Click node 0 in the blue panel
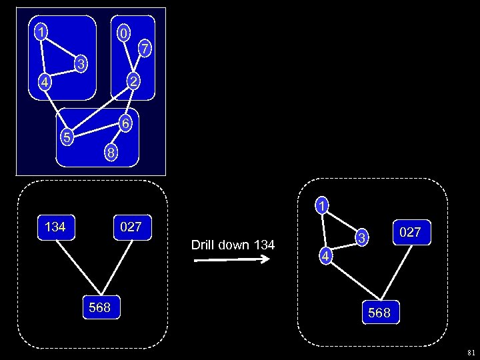(x=123, y=33)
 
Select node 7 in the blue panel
(x=145, y=47)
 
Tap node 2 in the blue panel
(x=134, y=82)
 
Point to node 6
(x=125, y=124)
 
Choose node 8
(x=111, y=153)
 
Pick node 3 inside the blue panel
(x=80, y=65)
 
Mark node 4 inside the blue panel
(x=43, y=83)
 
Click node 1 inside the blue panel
(x=41, y=31)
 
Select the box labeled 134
(x=55, y=227)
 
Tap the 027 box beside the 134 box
(x=131, y=227)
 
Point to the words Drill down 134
(x=233, y=245)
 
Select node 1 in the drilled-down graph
(x=321, y=206)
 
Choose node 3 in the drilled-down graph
(x=360, y=237)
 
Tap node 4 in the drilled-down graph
(x=325, y=257)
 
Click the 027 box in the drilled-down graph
(x=410, y=232)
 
